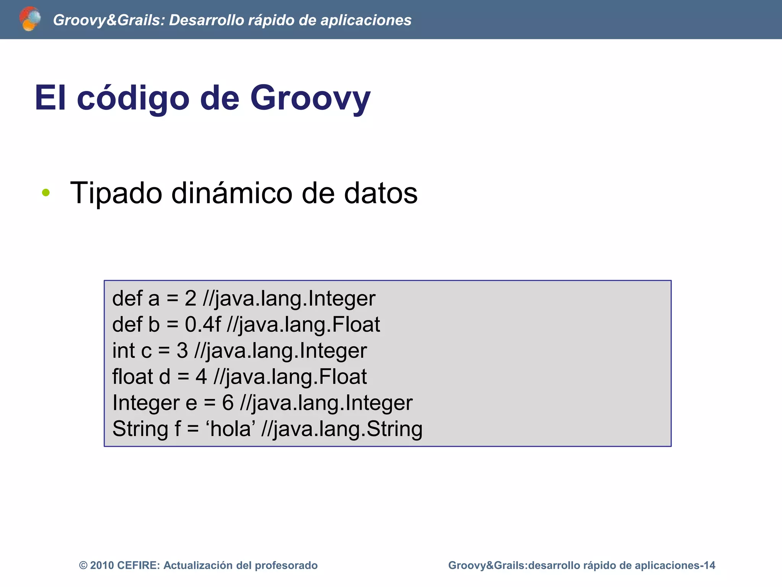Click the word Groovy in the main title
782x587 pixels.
point(310,98)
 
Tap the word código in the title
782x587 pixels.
point(133,98)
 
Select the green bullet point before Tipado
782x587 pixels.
point(46,193)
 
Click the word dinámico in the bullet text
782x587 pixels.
point(232,193)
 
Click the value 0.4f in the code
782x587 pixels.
point(203,324)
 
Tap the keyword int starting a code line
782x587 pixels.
point(123,350)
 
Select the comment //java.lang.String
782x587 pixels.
point(342,429)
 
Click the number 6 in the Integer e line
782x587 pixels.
point(228,403)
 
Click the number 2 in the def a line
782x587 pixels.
point(190,298)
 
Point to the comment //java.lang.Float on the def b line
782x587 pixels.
point(303,324)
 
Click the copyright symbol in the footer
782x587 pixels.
point(83,566)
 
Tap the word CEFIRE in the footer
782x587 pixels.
point(138,566)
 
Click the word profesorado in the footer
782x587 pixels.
point(286,566)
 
